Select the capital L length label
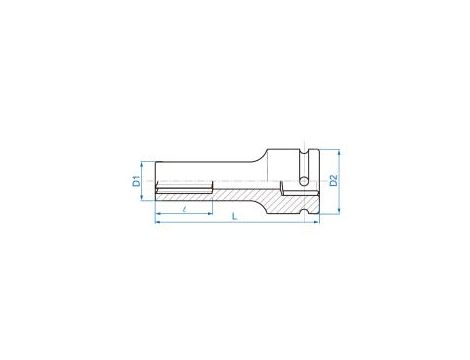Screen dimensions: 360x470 pos(233,217)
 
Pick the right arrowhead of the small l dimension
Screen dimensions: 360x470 pos(212,210)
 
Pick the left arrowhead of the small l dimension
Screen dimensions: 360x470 pos(159,210)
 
